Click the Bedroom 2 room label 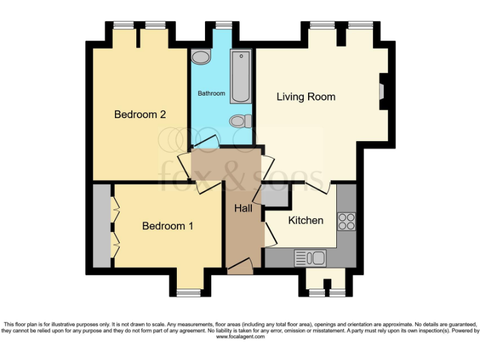(x=139, y=114)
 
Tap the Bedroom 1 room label (x=167, y=226)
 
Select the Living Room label (x=306, y=97)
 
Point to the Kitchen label (x=306, y=220)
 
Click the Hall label (x=243, y=208)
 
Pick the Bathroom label (x=211, y=93)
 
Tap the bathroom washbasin (x=201, y=58)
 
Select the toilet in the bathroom (x=240, y=121)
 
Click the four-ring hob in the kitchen (x=346, y=221)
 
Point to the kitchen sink (x=310, y=257)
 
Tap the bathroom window (x=222, y=25)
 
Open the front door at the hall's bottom (x=241, y=267)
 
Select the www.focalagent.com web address (x=240, y=336)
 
